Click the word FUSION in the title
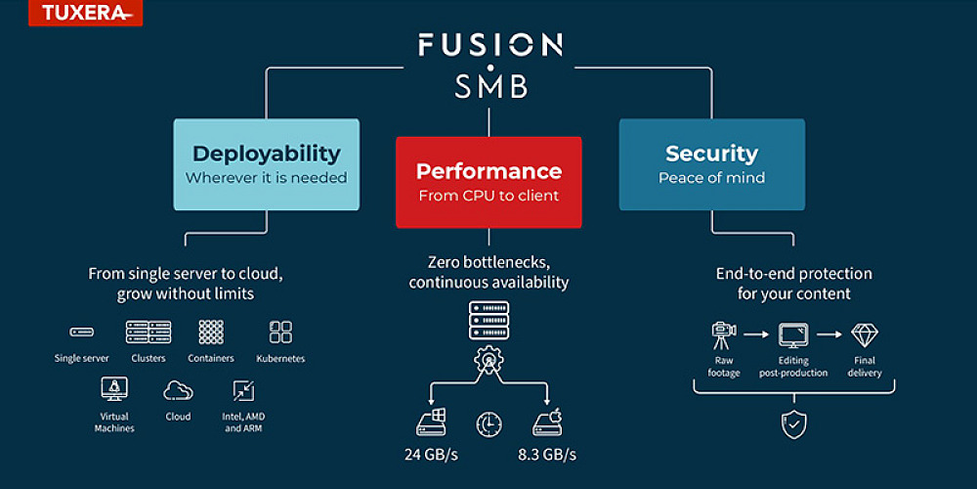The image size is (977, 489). pos(489,45)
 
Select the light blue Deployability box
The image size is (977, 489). pos(266,163)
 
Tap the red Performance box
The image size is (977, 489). pos(488,182)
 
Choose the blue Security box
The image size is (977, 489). pos(711,163)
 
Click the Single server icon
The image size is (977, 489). pos(81,333)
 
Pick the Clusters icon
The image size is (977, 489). pos(149,332)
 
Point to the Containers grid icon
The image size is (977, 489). pos(211,332)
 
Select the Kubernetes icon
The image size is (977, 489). pos(280,332)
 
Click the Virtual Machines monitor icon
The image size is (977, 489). pos(114,390)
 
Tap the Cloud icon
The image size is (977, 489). pos(178,390)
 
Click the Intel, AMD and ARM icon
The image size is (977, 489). pos(243,390)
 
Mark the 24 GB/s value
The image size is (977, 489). pos(432,455)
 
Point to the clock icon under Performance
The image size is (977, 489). pos(488,423)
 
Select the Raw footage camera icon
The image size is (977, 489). pos(722,335)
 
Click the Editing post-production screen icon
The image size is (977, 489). pos(791,335)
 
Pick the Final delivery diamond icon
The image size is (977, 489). pos(864,335)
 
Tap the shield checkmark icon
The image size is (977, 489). pos(791,422)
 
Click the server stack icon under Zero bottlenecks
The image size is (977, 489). pos(488,321)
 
